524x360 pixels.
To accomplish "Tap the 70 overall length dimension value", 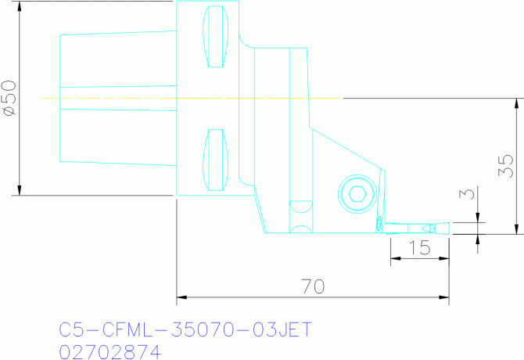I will click(x=313, y=286).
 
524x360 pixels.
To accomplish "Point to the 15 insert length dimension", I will click(x=421, y=248).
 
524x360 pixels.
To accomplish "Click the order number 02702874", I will click(x=110, y=351).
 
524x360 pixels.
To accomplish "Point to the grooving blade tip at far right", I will click(x=447, y=229).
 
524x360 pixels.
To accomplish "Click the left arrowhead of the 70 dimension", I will click(x=181, y=297).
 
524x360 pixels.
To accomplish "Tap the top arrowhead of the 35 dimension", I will click(x=516, y=103).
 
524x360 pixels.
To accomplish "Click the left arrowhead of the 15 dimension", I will click(x=394, y=260).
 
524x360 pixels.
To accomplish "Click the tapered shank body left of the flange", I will click(x=117, y=98).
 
